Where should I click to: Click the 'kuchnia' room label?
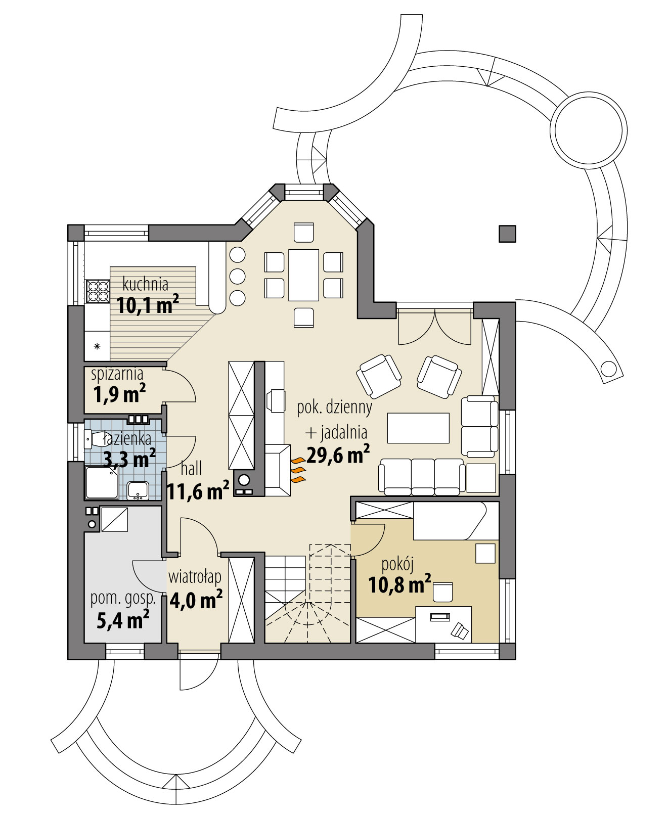145,284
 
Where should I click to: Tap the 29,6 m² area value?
337,455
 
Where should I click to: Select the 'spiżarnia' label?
117,374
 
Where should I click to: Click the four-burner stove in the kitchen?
98,291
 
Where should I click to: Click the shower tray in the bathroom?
102,482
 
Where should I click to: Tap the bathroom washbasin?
138,489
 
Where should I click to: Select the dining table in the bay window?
303,275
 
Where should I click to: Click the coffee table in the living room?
418,428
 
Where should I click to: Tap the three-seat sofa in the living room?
422,477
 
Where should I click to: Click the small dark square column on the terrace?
507,234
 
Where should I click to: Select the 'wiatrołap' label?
195,576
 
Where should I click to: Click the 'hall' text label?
191,469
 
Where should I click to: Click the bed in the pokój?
449,521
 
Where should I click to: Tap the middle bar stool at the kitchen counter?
237,276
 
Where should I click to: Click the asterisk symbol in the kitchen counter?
97,346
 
